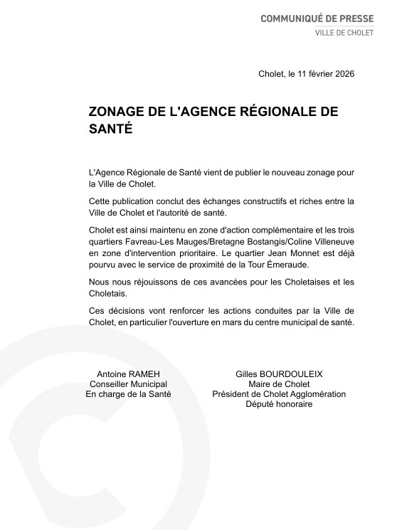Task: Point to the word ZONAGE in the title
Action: (115, 112)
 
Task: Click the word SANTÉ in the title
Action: (110, 130)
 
